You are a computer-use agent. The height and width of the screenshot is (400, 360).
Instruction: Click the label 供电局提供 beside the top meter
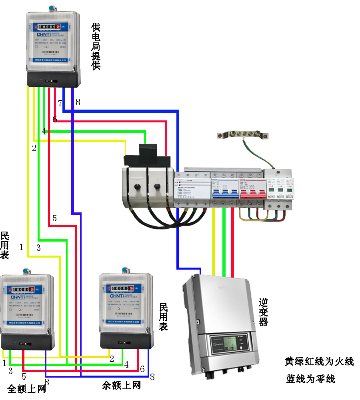pyautogui.click(x=96, y=46)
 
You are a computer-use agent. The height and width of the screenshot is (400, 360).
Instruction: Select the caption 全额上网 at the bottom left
pyautogui.click(x=26, y=388)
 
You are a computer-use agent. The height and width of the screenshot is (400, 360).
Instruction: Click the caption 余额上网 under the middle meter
pyautogui.click(x=122, y=385)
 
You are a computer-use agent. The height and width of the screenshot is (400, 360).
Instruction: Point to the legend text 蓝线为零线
pyautogui.click(x=311, y=378)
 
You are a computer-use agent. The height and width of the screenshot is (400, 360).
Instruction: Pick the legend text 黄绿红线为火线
pyautogui.click(x=319, y=361)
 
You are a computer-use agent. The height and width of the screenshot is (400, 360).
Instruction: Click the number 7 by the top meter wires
pyautogui.click(x=60, y=103)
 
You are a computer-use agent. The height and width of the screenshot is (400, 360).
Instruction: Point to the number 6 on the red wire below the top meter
pyautogui.click(x=55, y=119)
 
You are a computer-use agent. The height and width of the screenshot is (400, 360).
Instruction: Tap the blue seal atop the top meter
pyautogui.click(x=52, y=8)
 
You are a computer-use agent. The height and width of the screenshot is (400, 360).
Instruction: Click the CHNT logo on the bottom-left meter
pyautogui.click(x=16, y=297)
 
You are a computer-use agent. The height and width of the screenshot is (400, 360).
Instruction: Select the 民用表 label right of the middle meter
pyautogui.click(x=164, y=316)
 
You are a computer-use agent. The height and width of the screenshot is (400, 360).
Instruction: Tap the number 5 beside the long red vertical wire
pyautogui.click(x=54, y=218)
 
